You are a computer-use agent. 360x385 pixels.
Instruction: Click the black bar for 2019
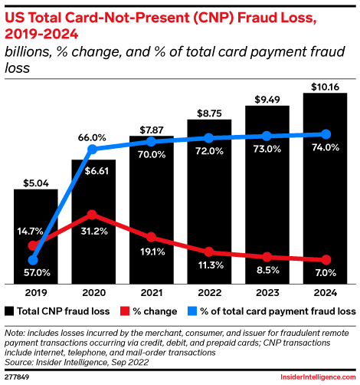[x=35, y=235]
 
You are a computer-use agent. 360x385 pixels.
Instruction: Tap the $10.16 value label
[x=325, y=86]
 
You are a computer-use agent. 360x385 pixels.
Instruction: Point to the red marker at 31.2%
[x=93, y=215]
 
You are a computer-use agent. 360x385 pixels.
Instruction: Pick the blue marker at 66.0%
[x=93, y=149]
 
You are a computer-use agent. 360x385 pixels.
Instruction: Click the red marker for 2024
[x=325, y=260]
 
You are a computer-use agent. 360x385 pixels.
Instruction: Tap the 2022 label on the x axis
[x=209, y=292]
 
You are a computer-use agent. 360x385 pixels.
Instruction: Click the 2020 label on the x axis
[x=93, y=292]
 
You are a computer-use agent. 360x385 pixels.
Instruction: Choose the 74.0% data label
[x=325, y=148]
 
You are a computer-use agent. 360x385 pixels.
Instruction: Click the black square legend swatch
[x=9, y=311]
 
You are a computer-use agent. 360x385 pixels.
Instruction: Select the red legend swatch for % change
[x=126, y=311]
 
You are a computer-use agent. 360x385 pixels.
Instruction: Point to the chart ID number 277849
[x=17, y=378]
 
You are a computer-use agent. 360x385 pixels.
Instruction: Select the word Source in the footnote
[x=19, y=360]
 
